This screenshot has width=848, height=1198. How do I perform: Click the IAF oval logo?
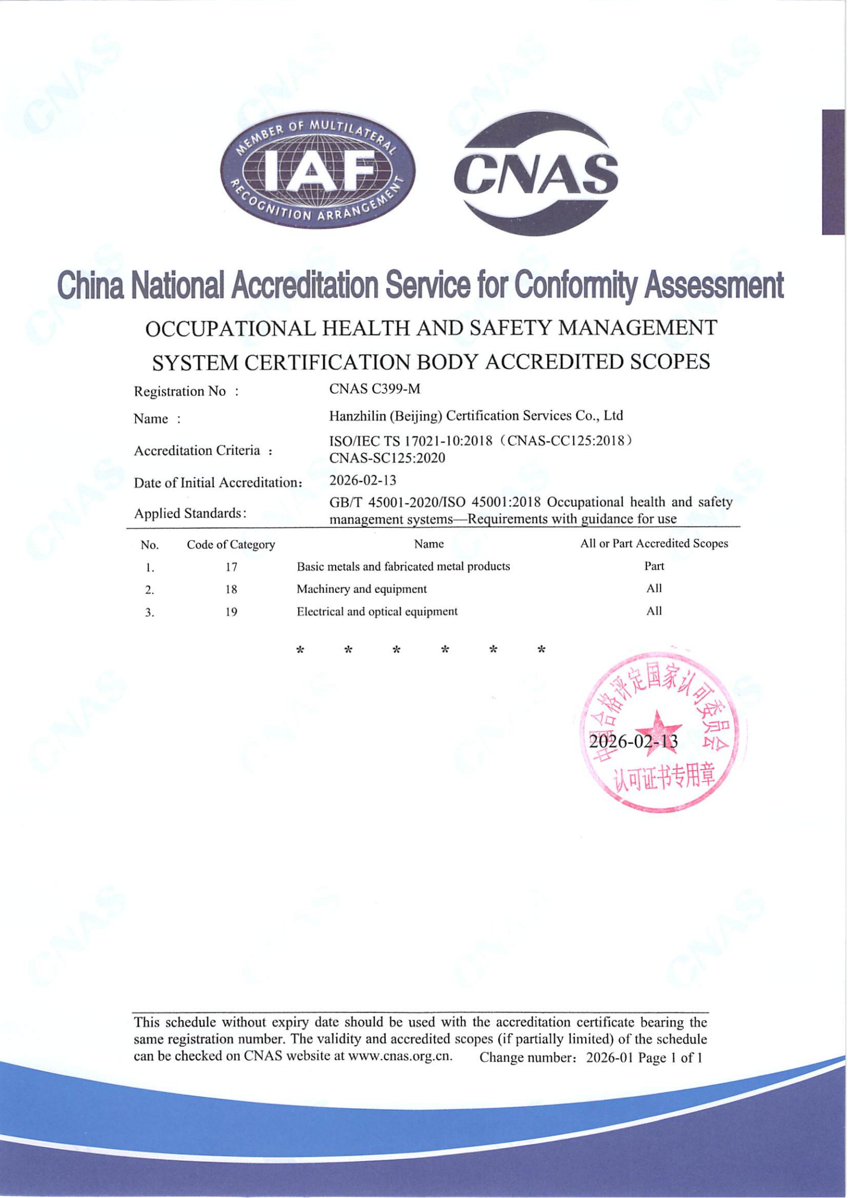(x=317, y=171)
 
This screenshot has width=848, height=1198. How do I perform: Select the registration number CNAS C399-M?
(x=374, y=389)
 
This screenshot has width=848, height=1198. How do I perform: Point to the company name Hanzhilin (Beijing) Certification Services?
(x=475, y=416)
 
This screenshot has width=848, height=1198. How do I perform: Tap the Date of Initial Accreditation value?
(x=362, y=480)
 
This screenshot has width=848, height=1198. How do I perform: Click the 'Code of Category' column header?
(x=230, y=544)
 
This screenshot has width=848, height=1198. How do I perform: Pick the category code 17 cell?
(x=231, y=567)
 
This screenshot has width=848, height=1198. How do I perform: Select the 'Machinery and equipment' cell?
(x=361, y=589)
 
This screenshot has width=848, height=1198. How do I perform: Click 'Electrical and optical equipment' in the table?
(x=377, y=611)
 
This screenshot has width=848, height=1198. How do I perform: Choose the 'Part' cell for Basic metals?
(x=653, y=566)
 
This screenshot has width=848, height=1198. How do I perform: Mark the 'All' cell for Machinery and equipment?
(x=653, y=588)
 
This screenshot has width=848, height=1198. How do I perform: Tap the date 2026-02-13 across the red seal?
(x=633, y=742)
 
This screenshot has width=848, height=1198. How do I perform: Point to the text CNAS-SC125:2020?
(x=387, y=458)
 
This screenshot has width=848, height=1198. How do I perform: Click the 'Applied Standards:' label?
(x=190, y=513)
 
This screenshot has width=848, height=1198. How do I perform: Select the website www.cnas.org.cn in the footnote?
(x=399, y=1056)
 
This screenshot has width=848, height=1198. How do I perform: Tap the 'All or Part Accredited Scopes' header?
(x=653, y=543)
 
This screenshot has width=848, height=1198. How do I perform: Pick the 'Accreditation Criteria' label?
(x=197, y=450)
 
